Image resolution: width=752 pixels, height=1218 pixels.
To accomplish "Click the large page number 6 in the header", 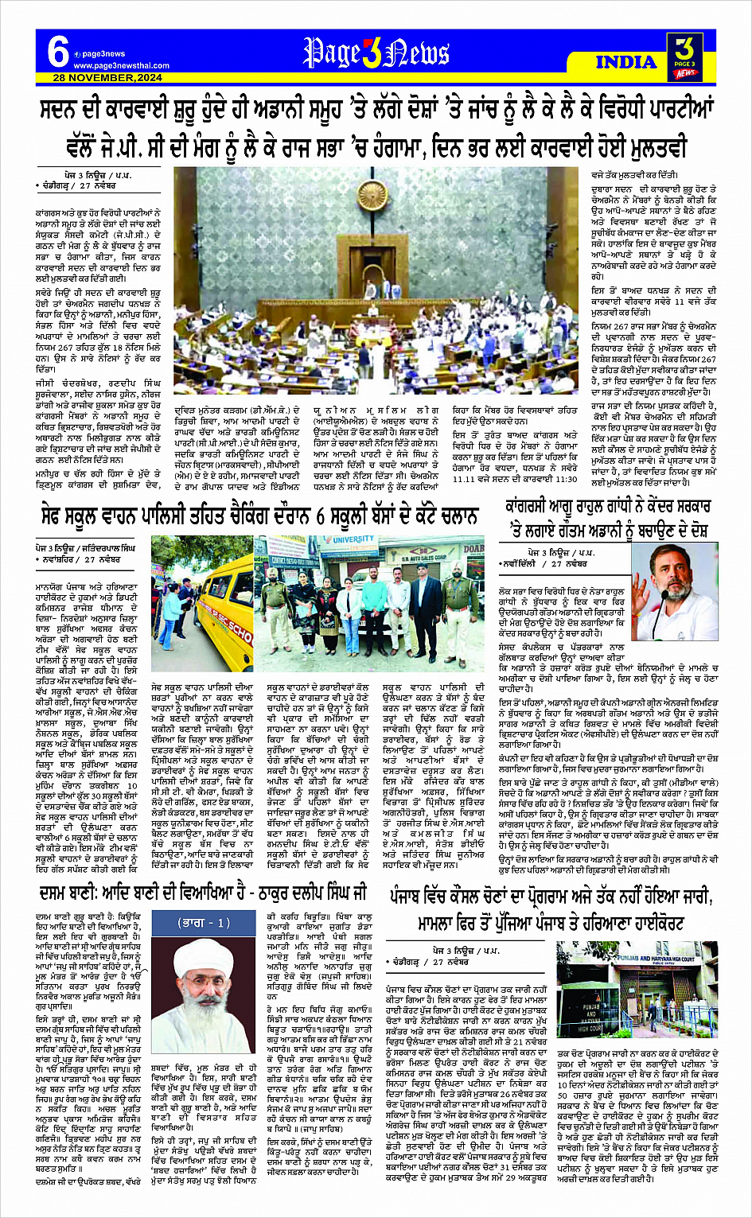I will pos(57,53).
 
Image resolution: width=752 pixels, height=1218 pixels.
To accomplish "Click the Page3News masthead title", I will pos(376,53).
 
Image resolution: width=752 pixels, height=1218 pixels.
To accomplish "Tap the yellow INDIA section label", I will pos(625,62).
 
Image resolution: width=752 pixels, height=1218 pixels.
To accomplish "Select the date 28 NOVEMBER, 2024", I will pos(107,78).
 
